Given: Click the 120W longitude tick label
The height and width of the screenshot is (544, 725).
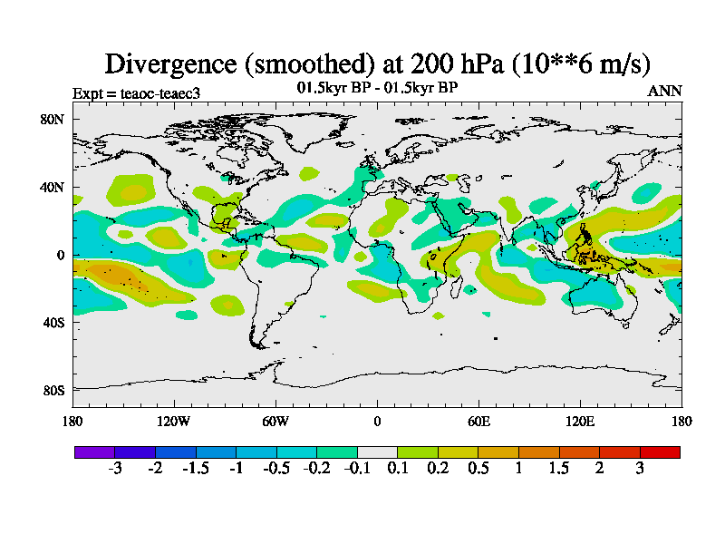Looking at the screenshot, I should [x=174, y=421].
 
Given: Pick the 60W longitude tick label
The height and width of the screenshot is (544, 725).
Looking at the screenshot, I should [x=275, y=421].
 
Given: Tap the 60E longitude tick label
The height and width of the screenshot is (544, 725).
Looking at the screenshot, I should [x=478, y=421].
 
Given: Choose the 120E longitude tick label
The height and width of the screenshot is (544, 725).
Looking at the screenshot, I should [x=580, y=421].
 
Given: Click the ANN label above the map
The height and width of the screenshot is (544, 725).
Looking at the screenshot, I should [x=664, y=92].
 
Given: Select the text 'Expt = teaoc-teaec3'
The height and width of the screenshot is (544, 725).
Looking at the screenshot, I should [x=136, y=92].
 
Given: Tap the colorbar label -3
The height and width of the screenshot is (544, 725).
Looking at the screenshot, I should [x=115, y=468].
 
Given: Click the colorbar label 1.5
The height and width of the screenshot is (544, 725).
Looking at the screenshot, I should [x=559, y=468].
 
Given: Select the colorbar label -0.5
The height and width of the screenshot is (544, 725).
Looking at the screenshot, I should [x=276, y=468].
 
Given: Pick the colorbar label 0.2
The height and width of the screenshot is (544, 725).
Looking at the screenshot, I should [x=439, y=468].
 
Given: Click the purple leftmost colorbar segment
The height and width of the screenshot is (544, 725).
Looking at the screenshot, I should [x=94, y=452].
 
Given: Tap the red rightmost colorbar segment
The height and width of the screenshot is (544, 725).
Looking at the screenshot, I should [x=660, y=452].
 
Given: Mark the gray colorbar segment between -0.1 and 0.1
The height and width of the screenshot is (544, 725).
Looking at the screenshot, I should [x=377, y=452].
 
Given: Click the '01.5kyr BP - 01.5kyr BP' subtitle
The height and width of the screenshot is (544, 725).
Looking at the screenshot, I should [x=377, y=88].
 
